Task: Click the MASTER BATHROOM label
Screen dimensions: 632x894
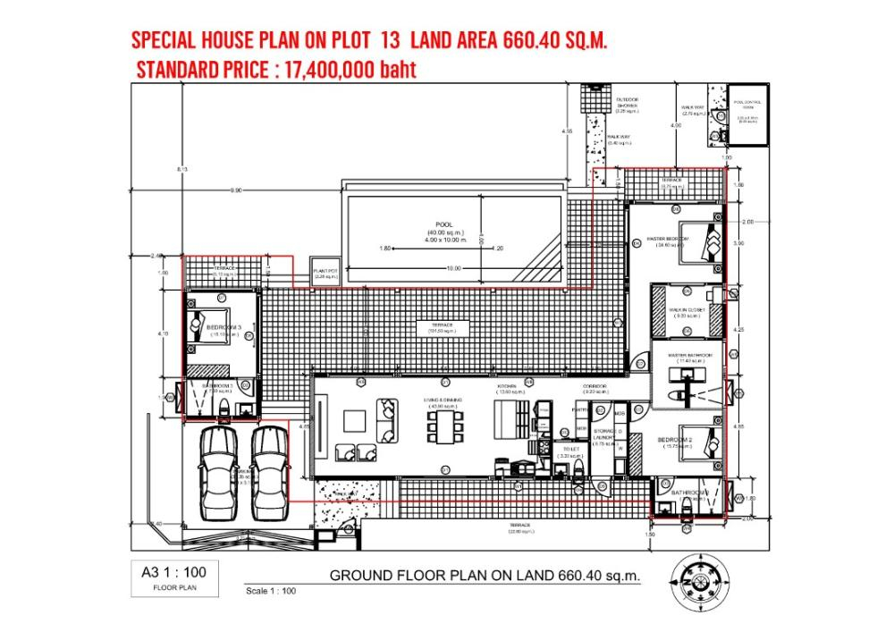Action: click(x=690, y=355)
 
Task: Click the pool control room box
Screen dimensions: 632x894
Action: click(x=747, y=114)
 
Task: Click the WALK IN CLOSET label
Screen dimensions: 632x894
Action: click(x=687, y=311)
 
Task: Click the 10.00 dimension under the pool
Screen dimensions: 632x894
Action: click(x=453, y=267)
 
